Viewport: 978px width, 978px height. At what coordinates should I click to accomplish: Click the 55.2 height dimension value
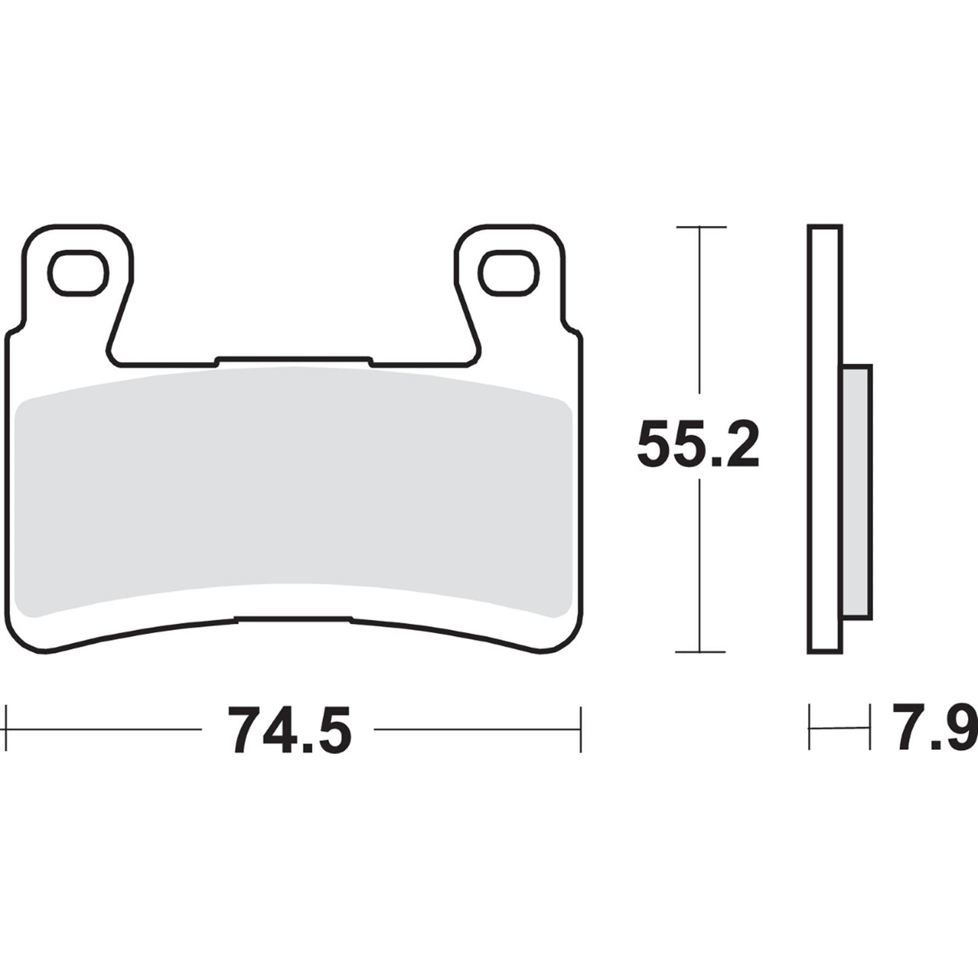(x=698, y=444)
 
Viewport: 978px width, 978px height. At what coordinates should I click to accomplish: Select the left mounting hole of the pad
(x=78, y=273)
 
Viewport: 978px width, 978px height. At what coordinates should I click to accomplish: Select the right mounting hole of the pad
(x=508, y=273)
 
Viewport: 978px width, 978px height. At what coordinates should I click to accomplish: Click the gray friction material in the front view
(x=292, y=494)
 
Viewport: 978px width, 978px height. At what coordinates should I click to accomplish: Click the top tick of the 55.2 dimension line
(x=701, y=227)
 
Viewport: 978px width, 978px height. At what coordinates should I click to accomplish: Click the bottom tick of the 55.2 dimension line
(x=701, y=652)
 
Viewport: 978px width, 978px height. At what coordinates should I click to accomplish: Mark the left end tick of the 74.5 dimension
(x=6, y=729)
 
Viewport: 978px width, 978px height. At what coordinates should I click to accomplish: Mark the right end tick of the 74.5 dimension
(x=581, y=729)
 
